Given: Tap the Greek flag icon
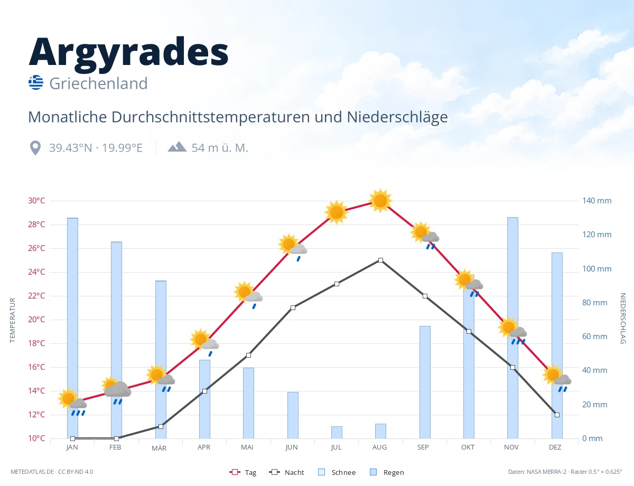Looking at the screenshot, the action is [36, 82].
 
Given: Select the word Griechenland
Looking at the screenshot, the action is [98, 83].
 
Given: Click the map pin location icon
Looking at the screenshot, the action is [35, 148].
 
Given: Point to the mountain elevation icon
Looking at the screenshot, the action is [177, 147].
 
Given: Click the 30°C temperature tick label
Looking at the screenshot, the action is [36, 201].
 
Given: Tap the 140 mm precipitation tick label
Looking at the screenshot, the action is [596, 201].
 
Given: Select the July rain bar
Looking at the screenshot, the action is [337, 432].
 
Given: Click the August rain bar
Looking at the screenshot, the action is [380, 431].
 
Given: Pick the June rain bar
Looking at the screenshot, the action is [293, 415].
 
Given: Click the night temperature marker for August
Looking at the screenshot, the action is [380, 260].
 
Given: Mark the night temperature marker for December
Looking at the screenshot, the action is [557, 415].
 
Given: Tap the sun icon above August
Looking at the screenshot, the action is [380, 201].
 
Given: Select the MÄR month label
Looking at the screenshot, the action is [159, 448].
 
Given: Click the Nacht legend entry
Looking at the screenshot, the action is [286, 472].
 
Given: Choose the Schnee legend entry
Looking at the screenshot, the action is [337, 472].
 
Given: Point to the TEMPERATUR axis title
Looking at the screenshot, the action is [12, 320].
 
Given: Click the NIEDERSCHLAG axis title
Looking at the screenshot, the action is [622, 318].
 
